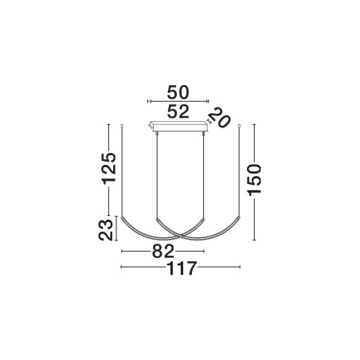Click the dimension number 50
pyautogui.click(x=178, y=92)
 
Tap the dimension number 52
pyautogui.click(x=178, y=112)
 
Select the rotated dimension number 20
pyautogui.click(x=220, y=118)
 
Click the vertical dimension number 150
pyautogui.click(x=255, y=180)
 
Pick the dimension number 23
pyautogui.click(x=106, y=230)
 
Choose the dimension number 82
pyautogui.click(x=162, y=251)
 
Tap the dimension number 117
pyautogui.click(x=182, y=268)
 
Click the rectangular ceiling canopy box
pyautogui.click(x=178, y=126)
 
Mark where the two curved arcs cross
pyautogui.click(x=181, y=235)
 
